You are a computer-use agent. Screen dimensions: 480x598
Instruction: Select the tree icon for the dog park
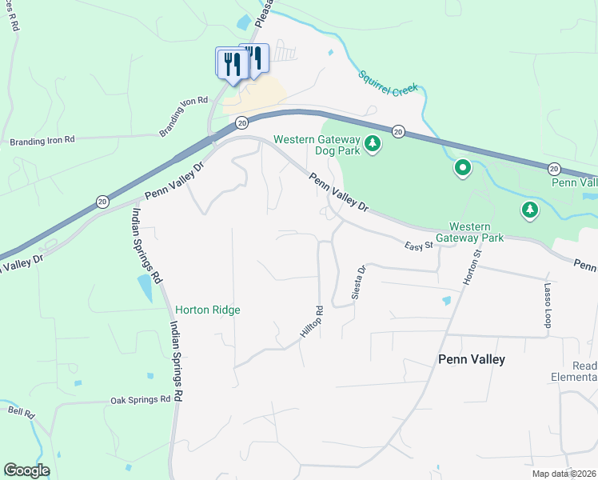pos(372,145)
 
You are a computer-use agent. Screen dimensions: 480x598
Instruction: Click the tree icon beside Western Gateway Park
pos(528,210)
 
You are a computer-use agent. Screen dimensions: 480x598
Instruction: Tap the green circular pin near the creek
pos(462,168)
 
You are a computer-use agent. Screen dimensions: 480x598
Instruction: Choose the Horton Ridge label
pos(208,310)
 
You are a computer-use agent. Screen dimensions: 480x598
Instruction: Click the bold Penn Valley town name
pos(472,359)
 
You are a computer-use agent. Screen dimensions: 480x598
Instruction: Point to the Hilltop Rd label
pos(313,324)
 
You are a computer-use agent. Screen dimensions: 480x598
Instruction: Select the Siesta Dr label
pos(358,283)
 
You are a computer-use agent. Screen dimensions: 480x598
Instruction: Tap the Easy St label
pos(417,246)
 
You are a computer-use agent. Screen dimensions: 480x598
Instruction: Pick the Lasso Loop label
pos(548,305)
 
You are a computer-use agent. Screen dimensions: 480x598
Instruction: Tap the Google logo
pos(26,470)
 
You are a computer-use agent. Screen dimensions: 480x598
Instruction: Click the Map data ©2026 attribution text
pos(564,474)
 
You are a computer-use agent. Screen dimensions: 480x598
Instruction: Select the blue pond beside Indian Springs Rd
pos(145,288)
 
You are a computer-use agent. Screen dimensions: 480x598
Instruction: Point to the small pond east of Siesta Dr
pos(445,301)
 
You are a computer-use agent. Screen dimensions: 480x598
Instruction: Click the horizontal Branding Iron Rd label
pos(42,140)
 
